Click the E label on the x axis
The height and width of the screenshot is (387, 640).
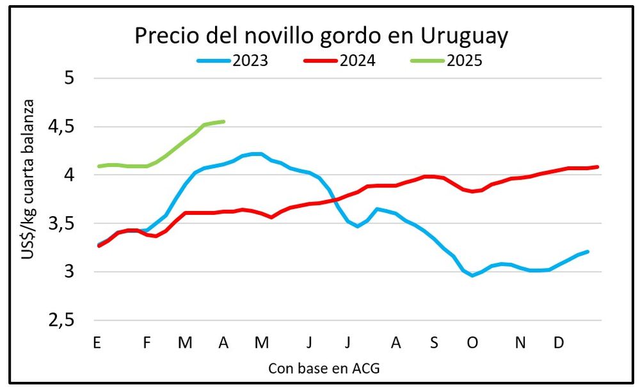click(x=97, y=343)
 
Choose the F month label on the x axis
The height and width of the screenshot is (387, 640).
click(x=147, y=343)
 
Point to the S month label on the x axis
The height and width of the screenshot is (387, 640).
click(x=434, y=343)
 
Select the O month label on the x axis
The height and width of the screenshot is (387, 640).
click(x=472, y=343)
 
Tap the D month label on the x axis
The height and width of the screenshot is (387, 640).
click(x=559, y=343)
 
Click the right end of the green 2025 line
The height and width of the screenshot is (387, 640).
click(x=223, y=122)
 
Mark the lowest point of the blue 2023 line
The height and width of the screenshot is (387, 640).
click(x=472, y=276)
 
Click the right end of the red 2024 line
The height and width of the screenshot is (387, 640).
click(x=597, y=167)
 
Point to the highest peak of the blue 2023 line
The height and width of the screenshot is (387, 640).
click(x=257, y=154)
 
